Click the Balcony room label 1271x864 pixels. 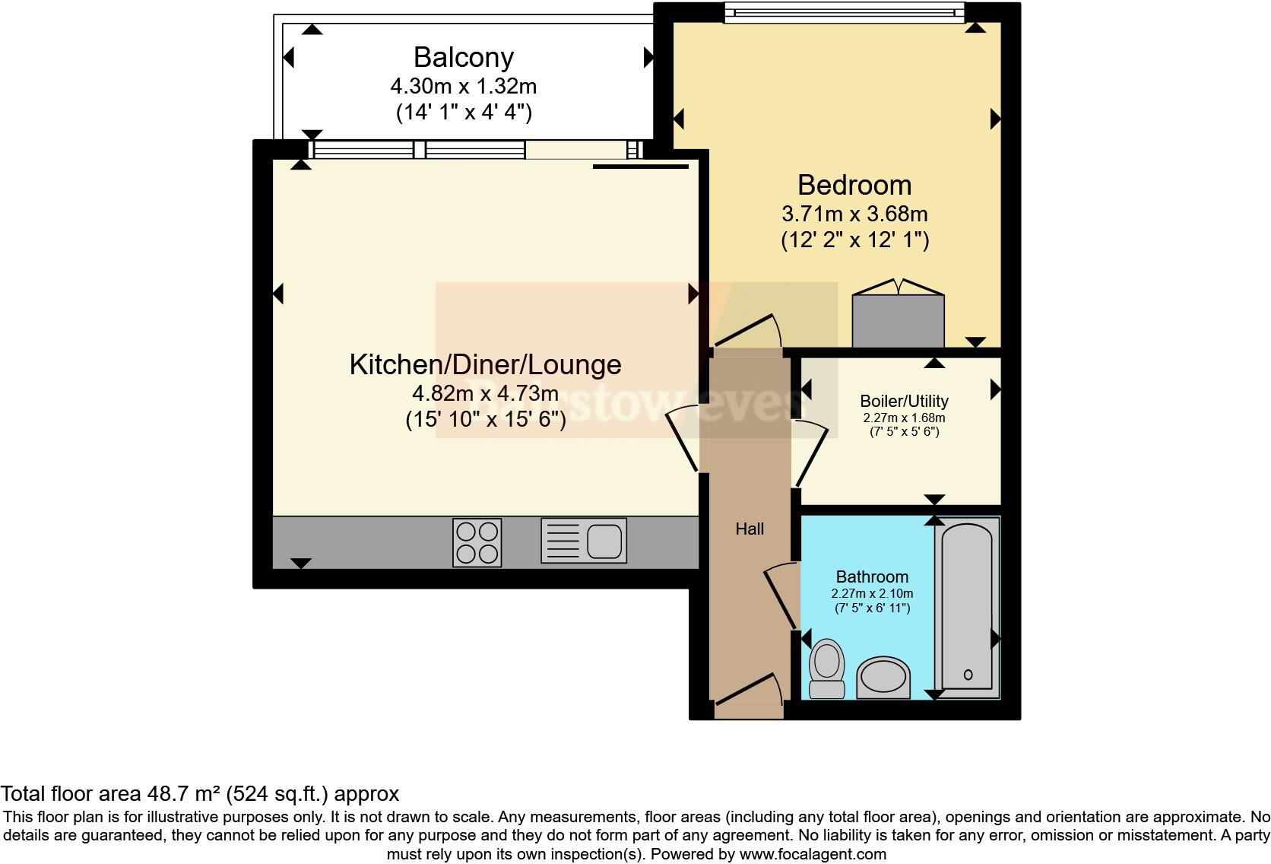tap(464, 58)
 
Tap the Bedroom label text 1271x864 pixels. tap(854, 185)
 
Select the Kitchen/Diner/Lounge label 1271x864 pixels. tap(485, 364)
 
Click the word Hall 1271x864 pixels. tap(750, 529)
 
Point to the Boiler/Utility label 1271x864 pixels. tap(904, 401)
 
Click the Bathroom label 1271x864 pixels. tap(872, 577)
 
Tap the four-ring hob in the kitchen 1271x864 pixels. tap(477, 542)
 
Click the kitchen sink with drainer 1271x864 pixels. tap(584, 541)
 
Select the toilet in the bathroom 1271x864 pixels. tap(827, 667)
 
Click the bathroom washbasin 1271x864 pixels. tap(883, 677)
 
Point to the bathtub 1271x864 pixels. tap(967, 606)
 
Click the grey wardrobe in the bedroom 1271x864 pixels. tap(898, 319)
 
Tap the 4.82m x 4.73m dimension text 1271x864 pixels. tap(485, 393)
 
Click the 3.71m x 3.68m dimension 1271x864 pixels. tap(854, 214)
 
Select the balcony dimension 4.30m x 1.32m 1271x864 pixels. tap(464, 85)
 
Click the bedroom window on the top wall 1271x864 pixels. tap(844, 11)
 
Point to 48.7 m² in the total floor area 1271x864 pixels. tap(182, 794)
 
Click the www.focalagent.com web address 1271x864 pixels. tap(813, 854)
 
